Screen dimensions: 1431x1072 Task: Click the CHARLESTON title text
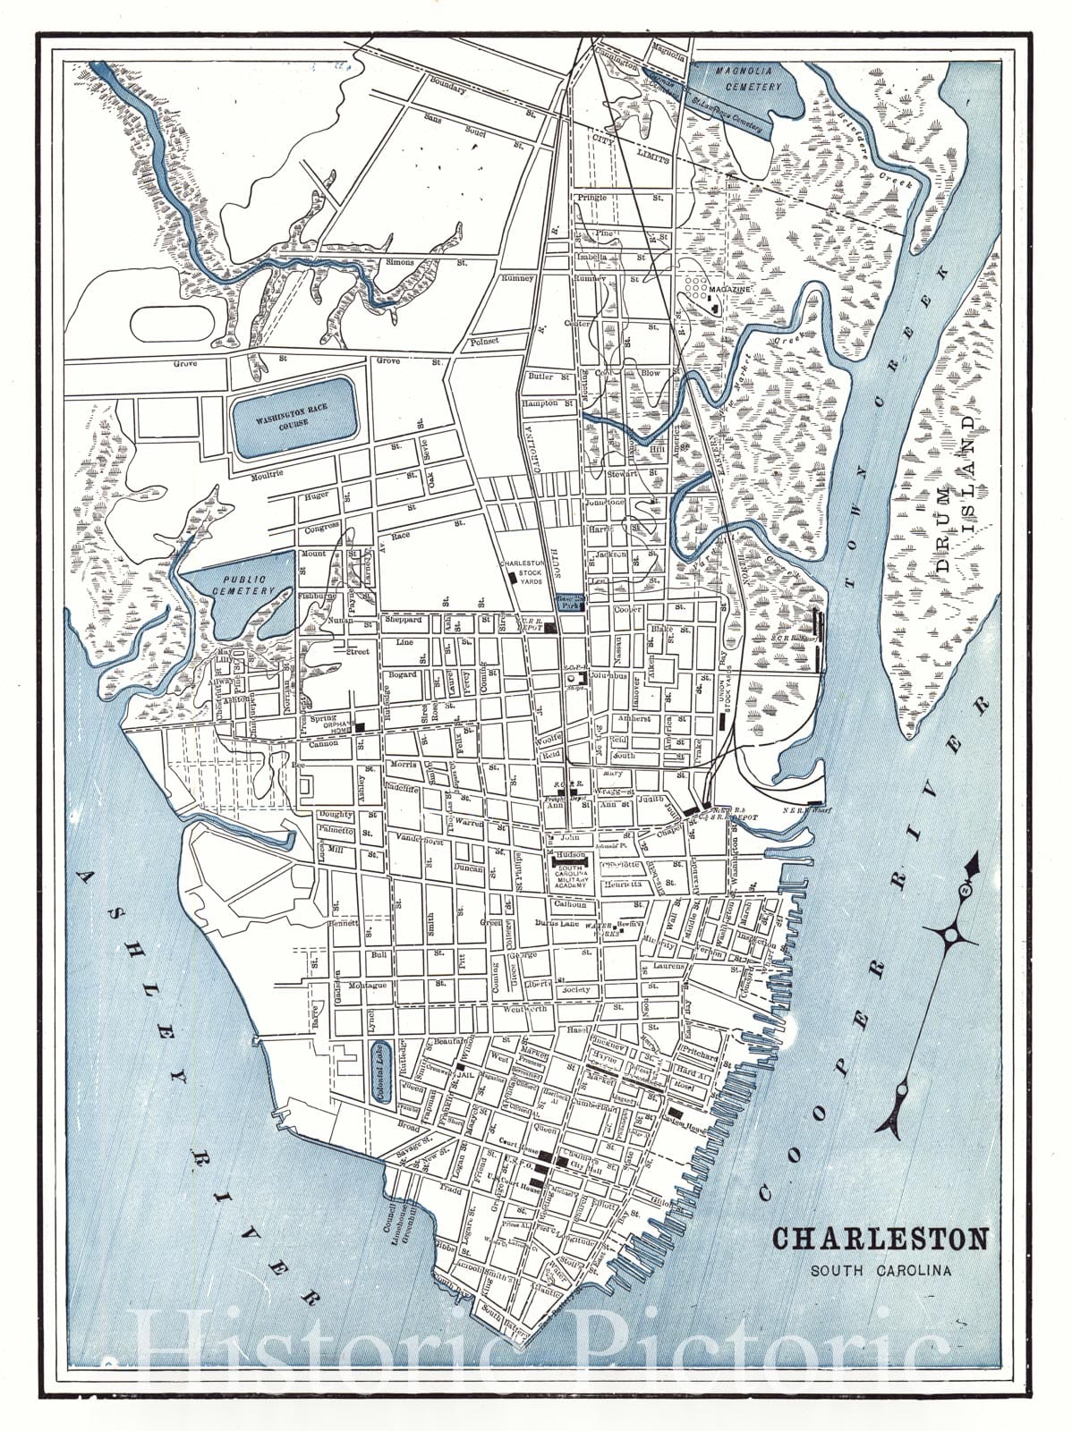881,1240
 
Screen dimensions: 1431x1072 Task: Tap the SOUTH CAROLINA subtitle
881,1269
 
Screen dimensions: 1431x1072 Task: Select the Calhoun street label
570,903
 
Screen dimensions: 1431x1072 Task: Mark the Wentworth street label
526,1009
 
